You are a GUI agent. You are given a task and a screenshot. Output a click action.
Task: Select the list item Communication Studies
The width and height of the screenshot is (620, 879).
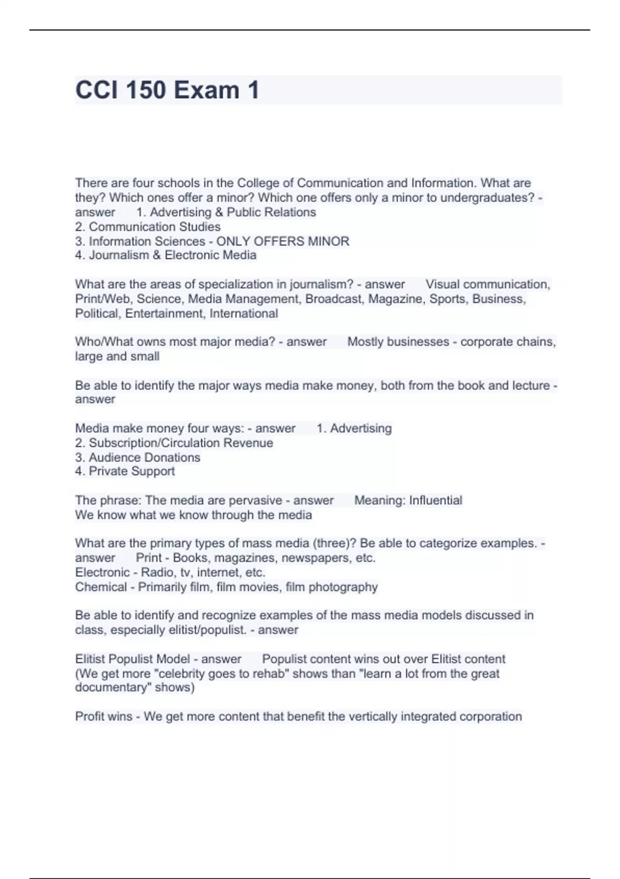pyautogui.click(x=154, y=226)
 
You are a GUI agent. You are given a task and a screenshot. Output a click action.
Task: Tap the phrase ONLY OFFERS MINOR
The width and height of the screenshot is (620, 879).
pyautogui.click(x=283, y=241)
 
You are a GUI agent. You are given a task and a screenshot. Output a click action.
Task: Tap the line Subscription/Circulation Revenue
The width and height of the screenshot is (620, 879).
pyautogui.click(x=181, y=443)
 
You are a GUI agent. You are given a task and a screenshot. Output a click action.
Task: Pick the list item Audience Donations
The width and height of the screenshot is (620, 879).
pyautogui.click(x=144, y=457)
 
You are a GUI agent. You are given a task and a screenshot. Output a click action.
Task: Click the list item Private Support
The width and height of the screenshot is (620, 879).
pyautogui.click(x=132, y=471)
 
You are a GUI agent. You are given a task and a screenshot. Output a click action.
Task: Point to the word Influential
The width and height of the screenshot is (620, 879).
pyautogui.click(x=436, y=501)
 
